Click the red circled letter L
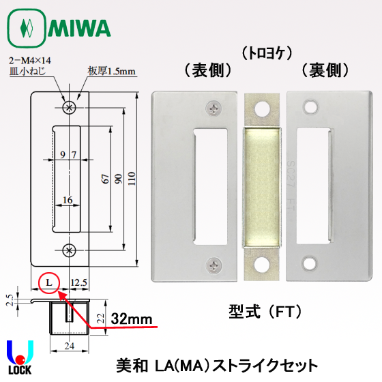tap(49, 281)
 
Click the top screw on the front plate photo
tap(216, 107)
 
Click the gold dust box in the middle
tap(263, 183)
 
